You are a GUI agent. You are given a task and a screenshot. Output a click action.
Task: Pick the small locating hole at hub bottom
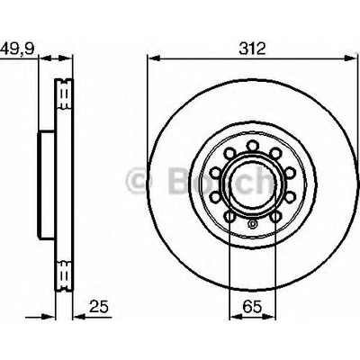(252, 223)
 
